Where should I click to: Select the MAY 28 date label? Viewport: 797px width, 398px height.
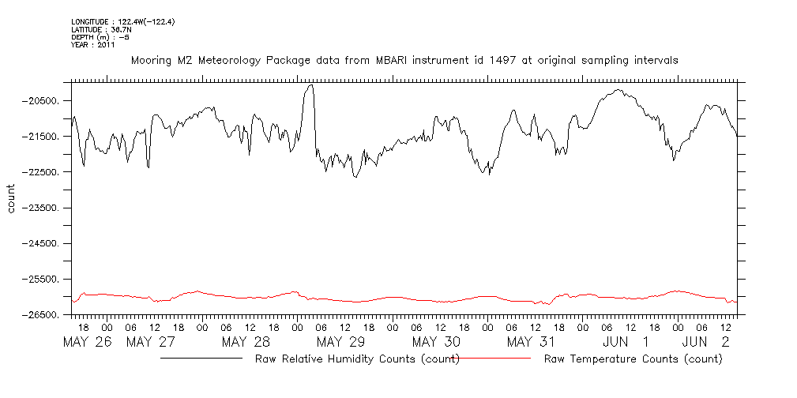(x=246, y=342)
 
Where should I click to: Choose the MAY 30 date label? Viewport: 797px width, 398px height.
(x=435, y=342)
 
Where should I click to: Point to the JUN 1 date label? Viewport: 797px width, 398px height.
(x=626, y=342)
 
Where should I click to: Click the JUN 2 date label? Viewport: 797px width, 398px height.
(x=705, y=342)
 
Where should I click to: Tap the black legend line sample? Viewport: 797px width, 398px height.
(x=201, y=358)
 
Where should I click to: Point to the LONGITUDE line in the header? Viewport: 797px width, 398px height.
(x=122, y=21)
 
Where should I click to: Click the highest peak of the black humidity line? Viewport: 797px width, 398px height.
(x=310, y=84)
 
